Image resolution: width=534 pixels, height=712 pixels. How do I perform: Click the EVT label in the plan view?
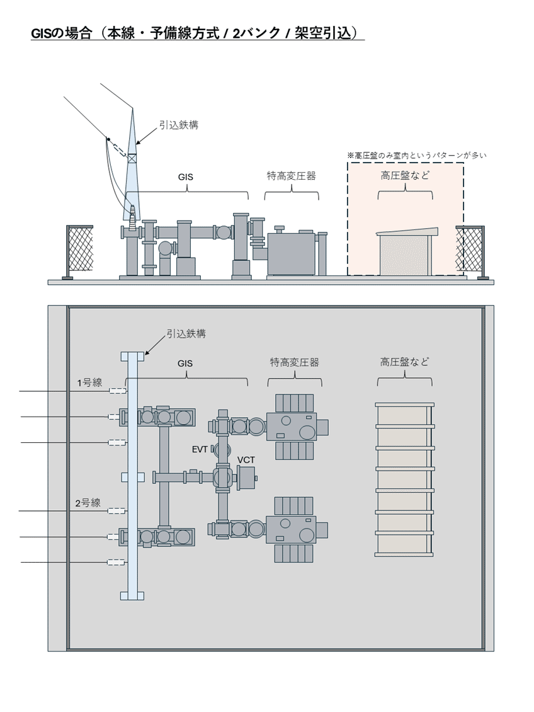(201, 449)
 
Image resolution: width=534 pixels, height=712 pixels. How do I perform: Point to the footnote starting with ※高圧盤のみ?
(417, 154)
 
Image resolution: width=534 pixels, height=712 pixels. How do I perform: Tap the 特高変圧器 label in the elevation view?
(291, 176)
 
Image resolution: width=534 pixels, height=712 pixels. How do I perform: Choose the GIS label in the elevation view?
(185, 178)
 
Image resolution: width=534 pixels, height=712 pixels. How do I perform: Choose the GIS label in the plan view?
(185, 364)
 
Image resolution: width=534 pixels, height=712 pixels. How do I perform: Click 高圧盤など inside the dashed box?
(405, 176)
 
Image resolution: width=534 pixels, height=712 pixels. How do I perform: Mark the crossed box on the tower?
(132, 159)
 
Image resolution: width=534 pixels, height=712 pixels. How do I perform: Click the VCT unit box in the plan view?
(246, 478)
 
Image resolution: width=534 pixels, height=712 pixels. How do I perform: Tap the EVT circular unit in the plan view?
(218, 450)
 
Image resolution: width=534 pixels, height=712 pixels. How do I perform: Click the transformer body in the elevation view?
(290, 253)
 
